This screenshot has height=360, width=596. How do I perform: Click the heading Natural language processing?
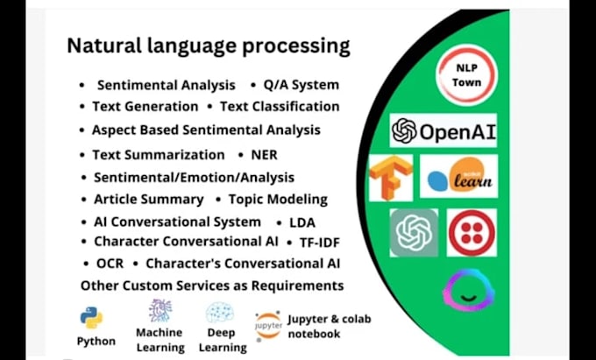coord(209,46)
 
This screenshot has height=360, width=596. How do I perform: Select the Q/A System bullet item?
coord(302,85)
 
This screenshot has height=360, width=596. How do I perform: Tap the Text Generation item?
coord(145,107)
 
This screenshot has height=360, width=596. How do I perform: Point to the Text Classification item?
coord(279,107)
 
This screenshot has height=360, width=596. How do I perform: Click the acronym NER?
coord(264,154)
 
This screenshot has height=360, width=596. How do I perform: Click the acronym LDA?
coord(302,222)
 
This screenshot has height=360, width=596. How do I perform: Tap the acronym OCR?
coord(109,263)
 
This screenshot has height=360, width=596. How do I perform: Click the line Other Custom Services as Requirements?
coord(212,286)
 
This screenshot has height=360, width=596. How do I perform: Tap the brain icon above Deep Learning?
coord(218,313)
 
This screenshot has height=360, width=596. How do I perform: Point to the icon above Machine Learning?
coord(160,312)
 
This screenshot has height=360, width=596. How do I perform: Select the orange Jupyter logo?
coord(267,323)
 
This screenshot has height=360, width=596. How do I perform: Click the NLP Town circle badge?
coord(467,75)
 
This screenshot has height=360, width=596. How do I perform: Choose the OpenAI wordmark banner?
coord(443,131)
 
